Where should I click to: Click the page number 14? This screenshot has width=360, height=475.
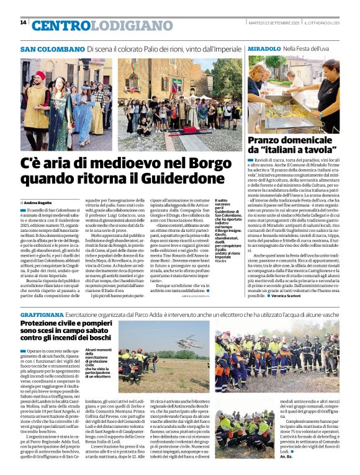[x=23, y=22]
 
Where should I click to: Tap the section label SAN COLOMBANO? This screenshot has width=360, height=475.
[x=52, y=49]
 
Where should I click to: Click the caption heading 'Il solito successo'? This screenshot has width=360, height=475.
[x=222, y=202]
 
